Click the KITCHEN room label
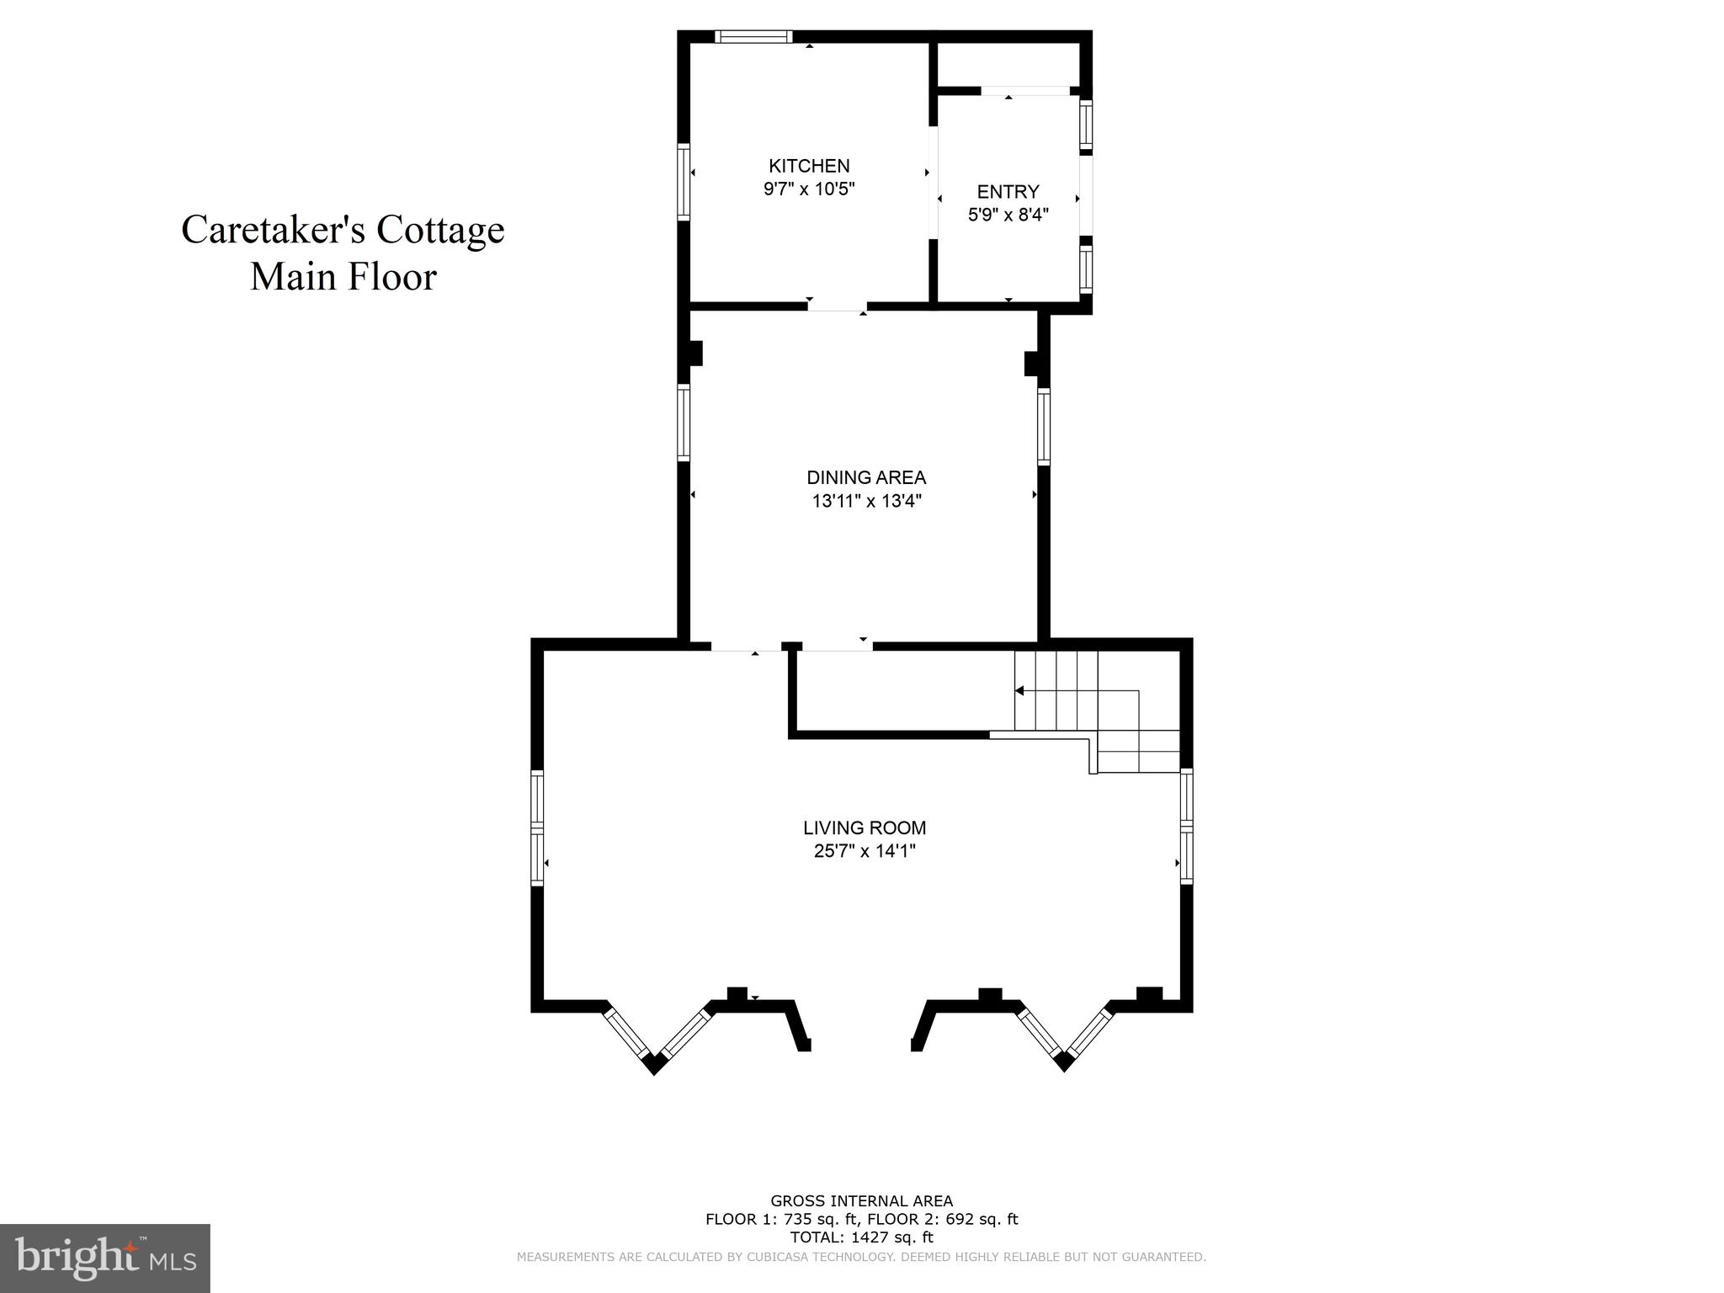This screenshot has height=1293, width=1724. tap(809, 166)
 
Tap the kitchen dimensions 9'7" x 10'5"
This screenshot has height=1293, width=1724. tap(809, 189)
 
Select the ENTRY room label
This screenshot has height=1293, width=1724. tap(1008, 191)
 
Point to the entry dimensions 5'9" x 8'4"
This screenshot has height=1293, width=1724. tap(1008, 215)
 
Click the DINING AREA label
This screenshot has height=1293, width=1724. tap(866, 477)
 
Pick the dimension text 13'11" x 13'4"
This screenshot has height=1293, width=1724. tap(866, 502)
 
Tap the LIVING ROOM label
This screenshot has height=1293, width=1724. tap(865, 827)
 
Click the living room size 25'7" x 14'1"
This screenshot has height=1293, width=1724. tap(865, 851)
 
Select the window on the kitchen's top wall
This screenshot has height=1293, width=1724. tap(753, 36)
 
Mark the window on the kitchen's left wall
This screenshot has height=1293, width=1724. tap(684, 182)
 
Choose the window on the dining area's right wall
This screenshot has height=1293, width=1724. tap(1044, 426)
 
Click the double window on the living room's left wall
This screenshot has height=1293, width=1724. tap(537, 827)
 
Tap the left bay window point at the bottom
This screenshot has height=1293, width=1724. tap(655, 1064)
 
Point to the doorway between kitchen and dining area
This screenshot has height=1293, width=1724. tap(837, 307)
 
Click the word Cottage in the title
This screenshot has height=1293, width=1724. tap(439, 230)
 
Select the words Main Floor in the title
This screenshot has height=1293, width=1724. tap(343, 277)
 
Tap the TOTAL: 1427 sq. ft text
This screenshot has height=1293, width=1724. tap(861, 1237)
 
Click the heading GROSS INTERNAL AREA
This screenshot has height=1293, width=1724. tap(861, 1201)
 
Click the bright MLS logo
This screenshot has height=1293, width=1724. tap(105, 1258)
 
